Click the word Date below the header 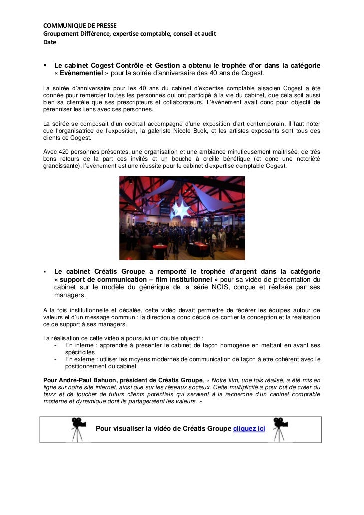[49, 42]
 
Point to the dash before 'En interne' [54, 345]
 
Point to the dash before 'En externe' [54, 359]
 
